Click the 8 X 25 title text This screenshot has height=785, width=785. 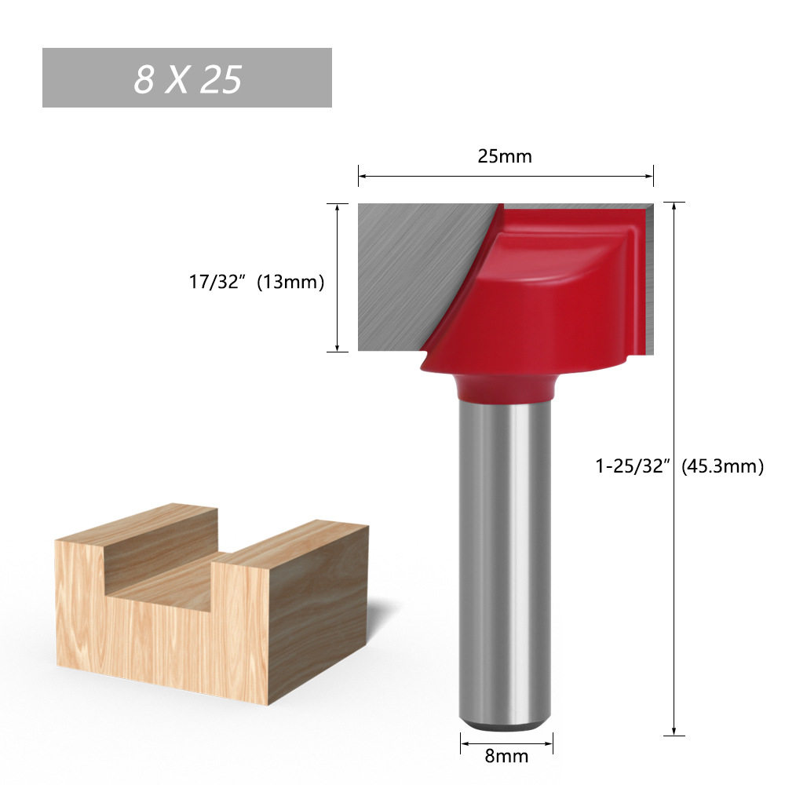pos(187,78)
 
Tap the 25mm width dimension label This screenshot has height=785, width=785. pos(505,156)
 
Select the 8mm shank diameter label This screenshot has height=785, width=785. pos(506,757)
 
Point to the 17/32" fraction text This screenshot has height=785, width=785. pos(219,283)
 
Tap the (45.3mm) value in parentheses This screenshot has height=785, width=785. pos(722,466)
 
